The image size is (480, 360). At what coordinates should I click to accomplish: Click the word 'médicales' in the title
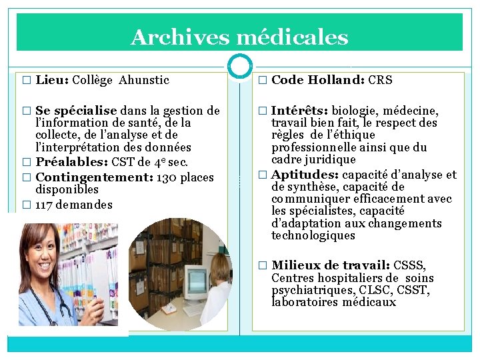click(293, 37)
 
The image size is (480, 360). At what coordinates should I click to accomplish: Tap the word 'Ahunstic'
click(144, 81)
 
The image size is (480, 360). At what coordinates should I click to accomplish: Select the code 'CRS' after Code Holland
click(380, 81)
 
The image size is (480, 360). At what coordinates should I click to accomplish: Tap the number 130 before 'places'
click(166, 177)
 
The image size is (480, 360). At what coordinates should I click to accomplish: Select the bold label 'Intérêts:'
click(300, 111)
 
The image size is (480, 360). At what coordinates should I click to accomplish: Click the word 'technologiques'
click(313, 235)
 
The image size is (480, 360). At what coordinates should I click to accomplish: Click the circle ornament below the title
click(240, 65)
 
